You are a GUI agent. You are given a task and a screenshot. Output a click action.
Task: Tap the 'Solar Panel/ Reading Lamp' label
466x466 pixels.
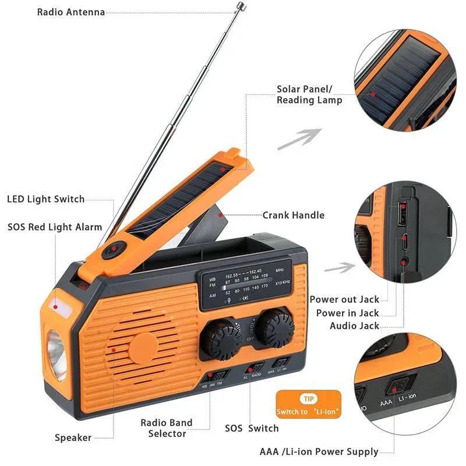[x=309, y=95]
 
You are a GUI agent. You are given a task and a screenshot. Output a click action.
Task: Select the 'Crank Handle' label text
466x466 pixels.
[x=293, y=215]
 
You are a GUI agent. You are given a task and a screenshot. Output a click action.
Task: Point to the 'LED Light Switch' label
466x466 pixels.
[x=45, y=199]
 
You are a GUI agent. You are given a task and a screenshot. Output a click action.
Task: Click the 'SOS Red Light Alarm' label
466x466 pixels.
[x=55, y=227]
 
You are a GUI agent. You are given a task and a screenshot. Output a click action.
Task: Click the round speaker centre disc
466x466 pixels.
[x=143, y=347]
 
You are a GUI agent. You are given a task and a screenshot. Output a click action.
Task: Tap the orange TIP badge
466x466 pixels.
[x=306, y=400]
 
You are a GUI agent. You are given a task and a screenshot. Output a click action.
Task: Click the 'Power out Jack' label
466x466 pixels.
[x=344, y=299]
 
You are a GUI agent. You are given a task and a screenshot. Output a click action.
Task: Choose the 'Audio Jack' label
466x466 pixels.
[x=354, y=326]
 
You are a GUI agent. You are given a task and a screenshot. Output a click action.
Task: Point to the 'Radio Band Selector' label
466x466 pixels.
[x=167, y=428]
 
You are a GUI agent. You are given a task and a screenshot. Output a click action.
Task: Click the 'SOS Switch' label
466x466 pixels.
[x=252, y=428]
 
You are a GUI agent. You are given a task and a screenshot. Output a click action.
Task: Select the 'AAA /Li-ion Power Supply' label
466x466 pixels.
[x=319, y=451]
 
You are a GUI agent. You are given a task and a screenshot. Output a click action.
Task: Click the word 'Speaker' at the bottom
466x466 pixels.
[x=73, y=437]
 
